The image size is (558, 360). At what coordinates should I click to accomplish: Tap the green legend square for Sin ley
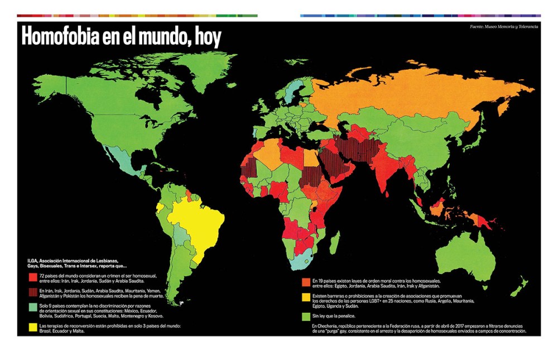click(x=305, y=316)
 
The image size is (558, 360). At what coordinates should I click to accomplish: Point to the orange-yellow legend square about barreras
click(x=305, y=299)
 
